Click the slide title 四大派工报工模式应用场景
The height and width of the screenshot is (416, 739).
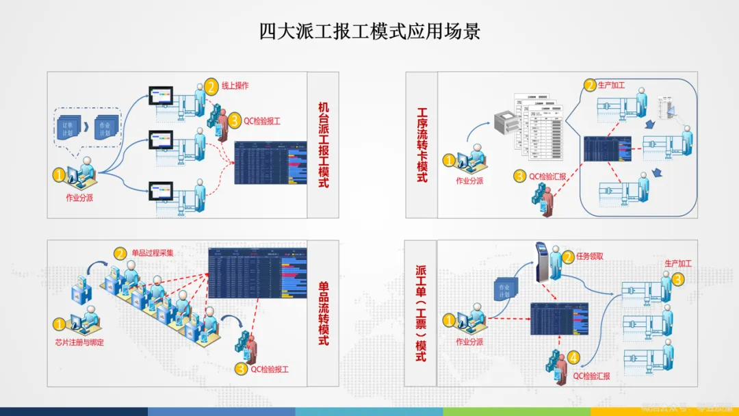coord(369,31)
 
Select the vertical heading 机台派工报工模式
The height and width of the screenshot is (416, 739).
coord(324,145)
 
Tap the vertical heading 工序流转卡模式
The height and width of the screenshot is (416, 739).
coord(422,144)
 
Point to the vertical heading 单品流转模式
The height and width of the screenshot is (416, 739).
coord(324,313)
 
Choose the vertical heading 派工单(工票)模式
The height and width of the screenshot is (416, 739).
coord(421,313)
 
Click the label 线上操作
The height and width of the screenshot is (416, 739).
coord(235,86)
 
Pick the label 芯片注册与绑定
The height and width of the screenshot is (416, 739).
coord(79,342)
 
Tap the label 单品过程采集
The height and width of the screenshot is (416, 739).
coord(153,252)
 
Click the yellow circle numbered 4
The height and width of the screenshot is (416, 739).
coord(573,357)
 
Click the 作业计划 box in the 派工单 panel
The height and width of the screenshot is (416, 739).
coord(504,291)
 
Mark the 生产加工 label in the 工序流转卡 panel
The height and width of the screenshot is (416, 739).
coord(611,86)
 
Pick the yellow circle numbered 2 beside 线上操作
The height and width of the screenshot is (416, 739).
coord(211,87)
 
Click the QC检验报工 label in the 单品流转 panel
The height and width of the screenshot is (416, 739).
coord(270,369)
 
